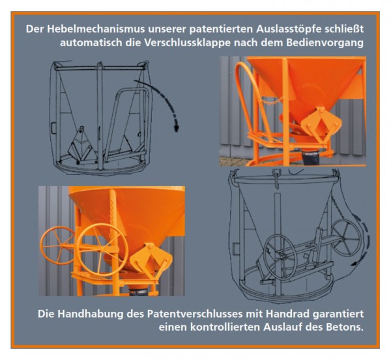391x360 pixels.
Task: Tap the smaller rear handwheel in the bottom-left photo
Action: [x=57, y=245]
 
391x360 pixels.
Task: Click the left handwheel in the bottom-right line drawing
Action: [x=281, y=256]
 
